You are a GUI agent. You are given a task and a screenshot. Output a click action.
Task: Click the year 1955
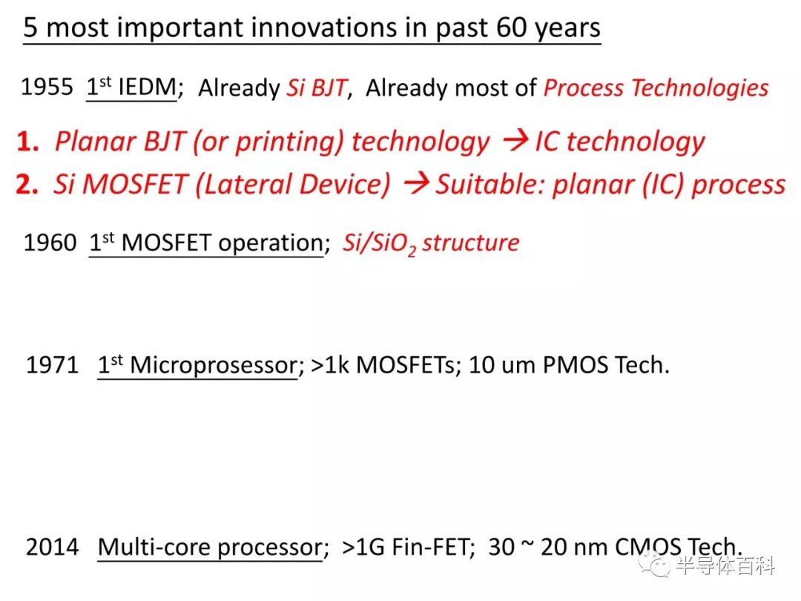click(47, 87)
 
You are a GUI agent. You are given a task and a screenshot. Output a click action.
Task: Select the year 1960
click(50, 242)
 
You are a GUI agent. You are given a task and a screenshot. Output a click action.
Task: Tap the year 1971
click(52, 365)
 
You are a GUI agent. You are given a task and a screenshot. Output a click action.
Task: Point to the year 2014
click(52, 547)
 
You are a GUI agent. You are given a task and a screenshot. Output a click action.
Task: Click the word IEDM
click(147, 87)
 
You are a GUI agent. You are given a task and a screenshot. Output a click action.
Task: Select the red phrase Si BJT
click(317, 88)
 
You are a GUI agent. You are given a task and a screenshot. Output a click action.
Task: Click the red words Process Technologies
click(656, 88)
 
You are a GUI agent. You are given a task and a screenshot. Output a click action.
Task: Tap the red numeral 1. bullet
click(27, 141)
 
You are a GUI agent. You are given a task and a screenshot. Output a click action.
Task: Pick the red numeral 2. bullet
click(27, 184)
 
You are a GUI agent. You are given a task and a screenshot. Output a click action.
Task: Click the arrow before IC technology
click(515, 140)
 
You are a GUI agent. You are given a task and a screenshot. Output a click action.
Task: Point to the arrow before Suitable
click(416, 183)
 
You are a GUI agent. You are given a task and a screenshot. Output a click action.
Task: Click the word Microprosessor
click(214, 365)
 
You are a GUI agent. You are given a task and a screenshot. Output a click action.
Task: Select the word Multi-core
click(154, 547)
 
